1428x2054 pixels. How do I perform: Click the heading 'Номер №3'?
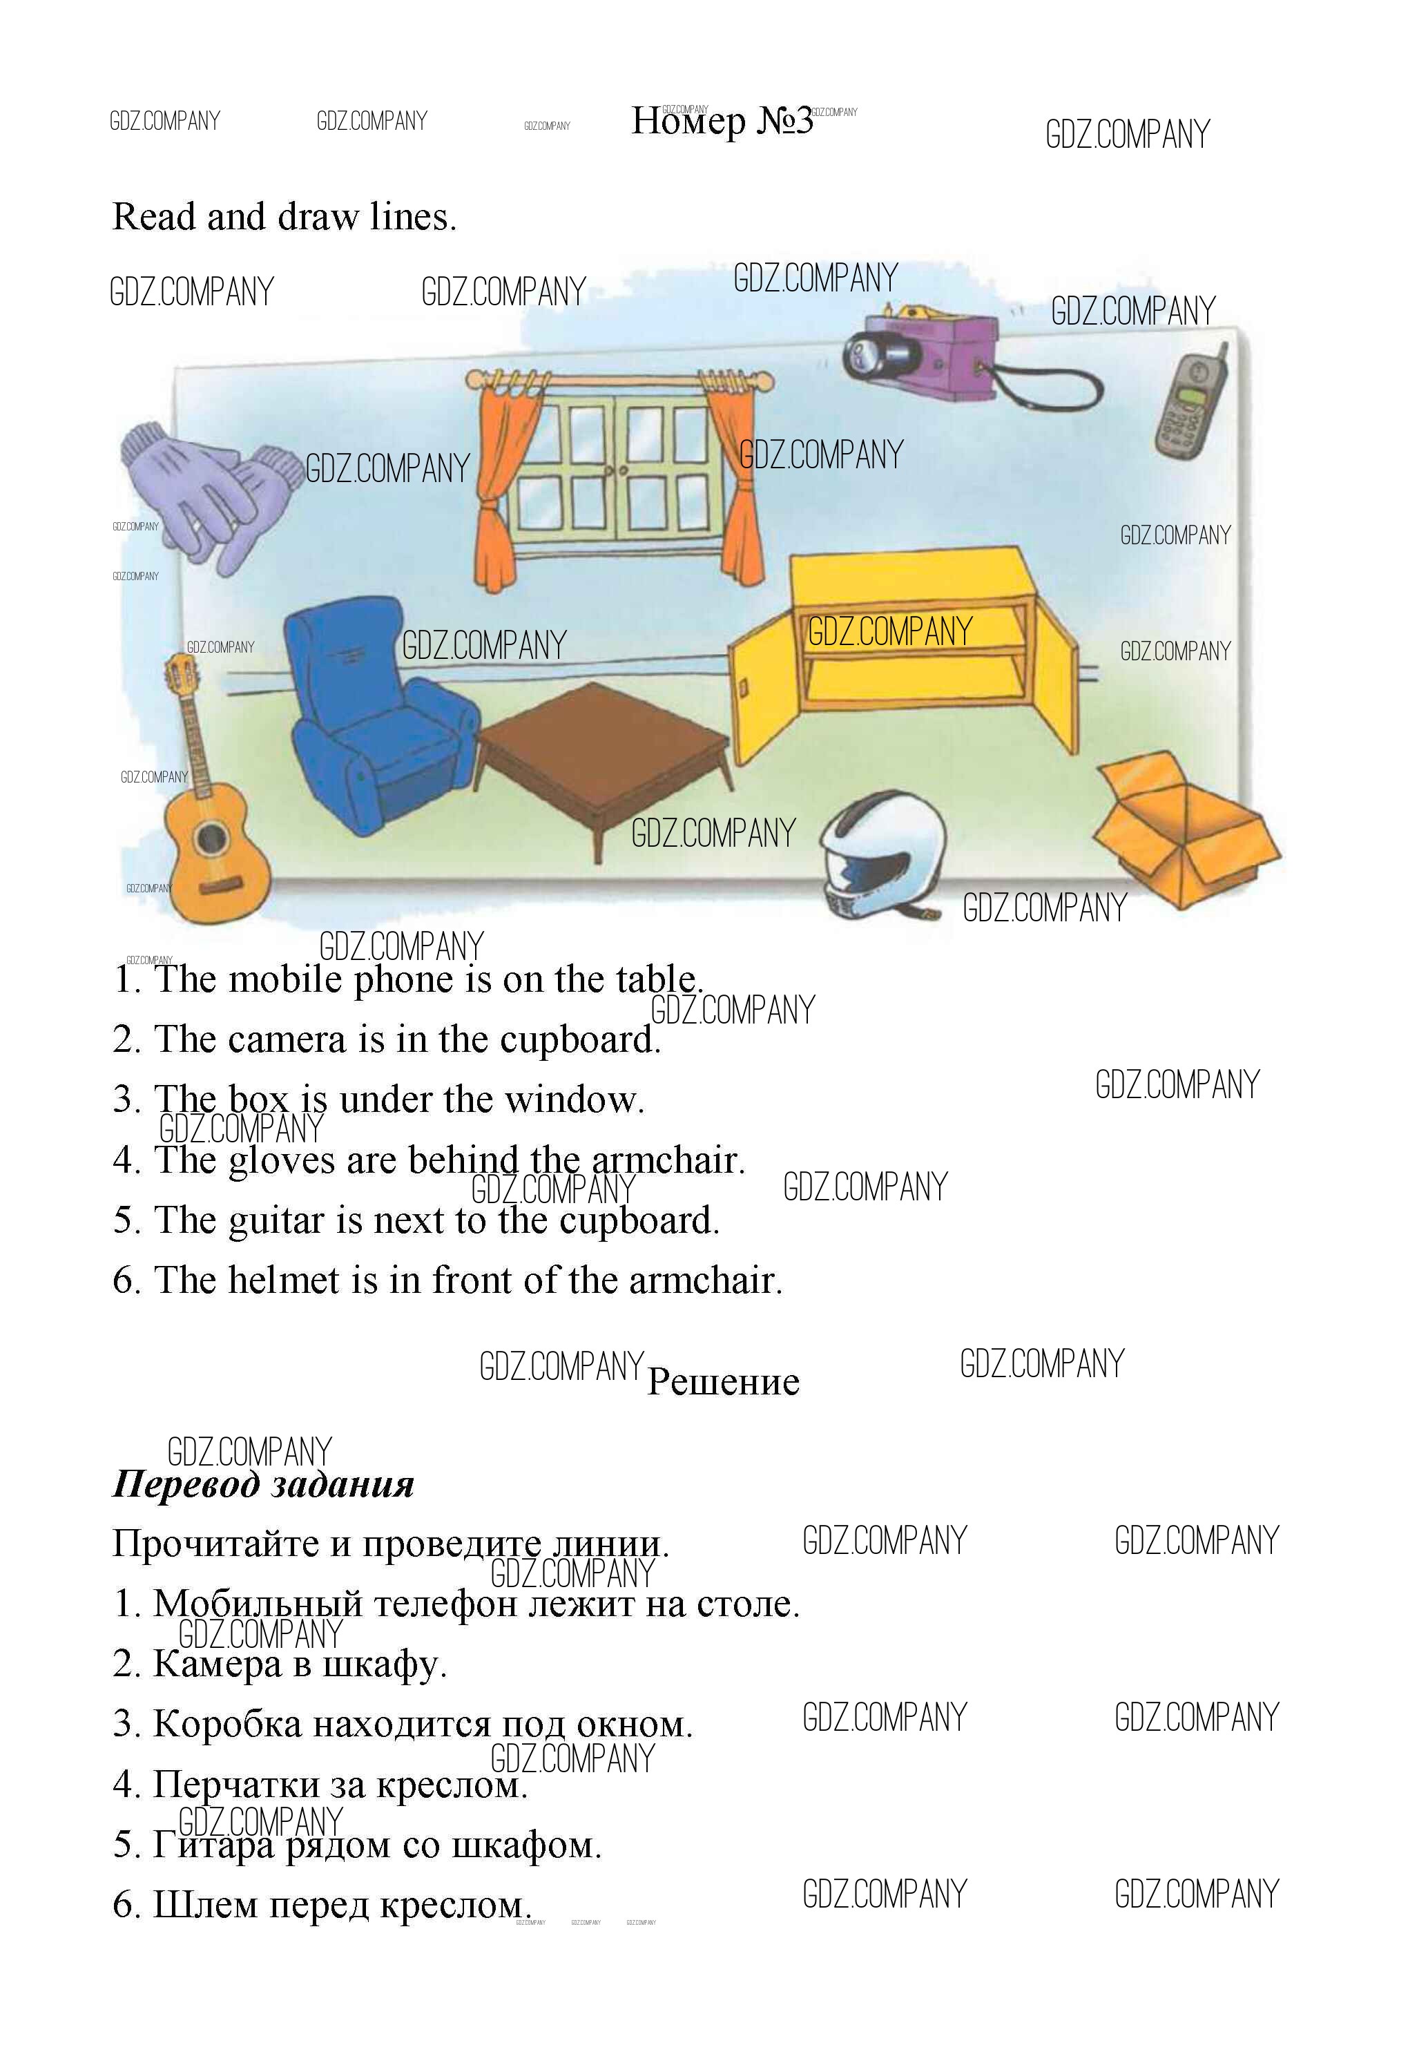pos(722,121)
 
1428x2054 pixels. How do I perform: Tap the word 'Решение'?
pos(722,1381)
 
